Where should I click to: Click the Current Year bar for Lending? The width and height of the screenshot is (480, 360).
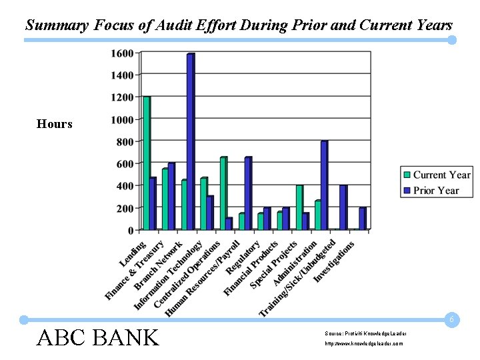(x=146, y=163)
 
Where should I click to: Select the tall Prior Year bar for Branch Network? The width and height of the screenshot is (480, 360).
(x=190, y=142)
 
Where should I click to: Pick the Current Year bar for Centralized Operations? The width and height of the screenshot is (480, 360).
(x=223, y=193)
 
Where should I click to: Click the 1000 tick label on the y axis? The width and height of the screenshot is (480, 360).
(x=122, y=119)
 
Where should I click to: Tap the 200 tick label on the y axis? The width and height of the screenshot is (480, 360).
(x=125, y=208)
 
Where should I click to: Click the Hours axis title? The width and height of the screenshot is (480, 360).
(x=55, y=124)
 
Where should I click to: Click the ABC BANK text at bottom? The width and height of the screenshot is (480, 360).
(x=97, y=337)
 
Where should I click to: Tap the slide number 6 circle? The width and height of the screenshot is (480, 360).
(x=451, y=320)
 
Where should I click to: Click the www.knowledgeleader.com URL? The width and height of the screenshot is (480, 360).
(x=364, y=343)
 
